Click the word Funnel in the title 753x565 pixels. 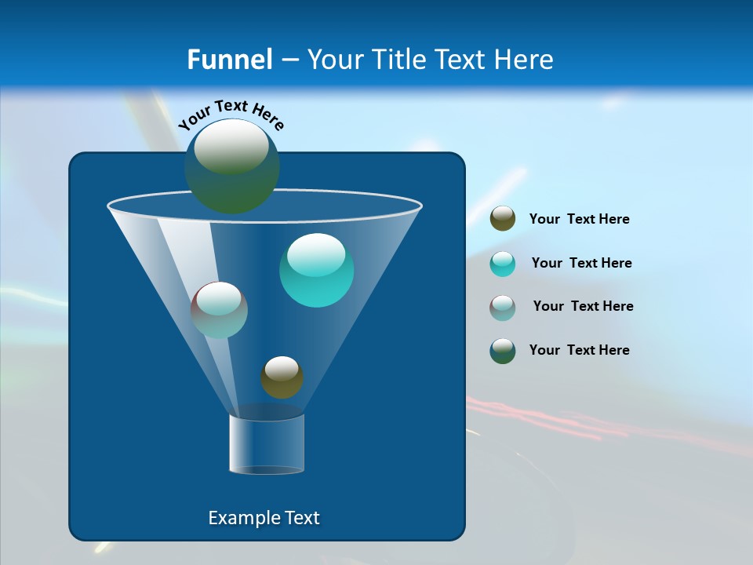229,60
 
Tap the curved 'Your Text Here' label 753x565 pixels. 231,115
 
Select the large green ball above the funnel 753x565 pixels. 232,166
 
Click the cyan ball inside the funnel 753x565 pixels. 316,270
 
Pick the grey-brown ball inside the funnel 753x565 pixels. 220,310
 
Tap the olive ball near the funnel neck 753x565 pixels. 282,377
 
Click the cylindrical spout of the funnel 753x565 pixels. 267,444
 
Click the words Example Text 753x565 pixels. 264,518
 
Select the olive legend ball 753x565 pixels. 503,219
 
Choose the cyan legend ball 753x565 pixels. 503,263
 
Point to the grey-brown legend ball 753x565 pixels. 503,307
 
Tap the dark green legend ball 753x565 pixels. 503,351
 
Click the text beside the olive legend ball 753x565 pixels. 579,220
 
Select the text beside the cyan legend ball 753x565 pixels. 581,263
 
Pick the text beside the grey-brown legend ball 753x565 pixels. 583,306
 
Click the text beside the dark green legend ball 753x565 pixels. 579,350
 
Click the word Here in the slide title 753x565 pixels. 524,60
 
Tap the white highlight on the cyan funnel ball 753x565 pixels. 316,254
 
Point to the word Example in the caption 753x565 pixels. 238,518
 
